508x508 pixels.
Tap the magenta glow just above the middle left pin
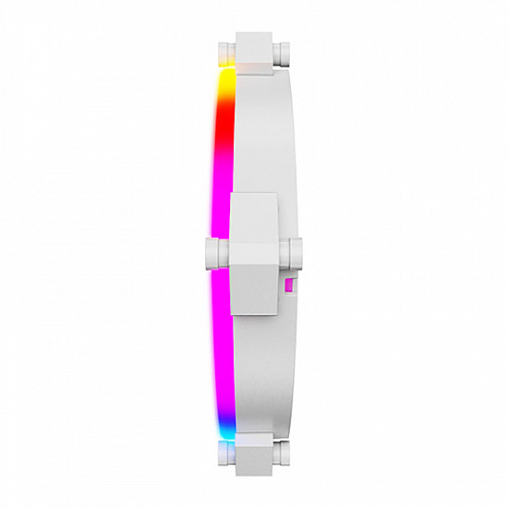220,217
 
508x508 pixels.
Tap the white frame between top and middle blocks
263,139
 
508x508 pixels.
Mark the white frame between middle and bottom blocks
263,369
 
